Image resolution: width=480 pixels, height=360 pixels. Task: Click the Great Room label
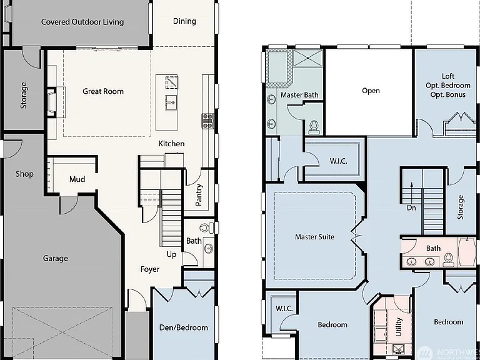(103, 91)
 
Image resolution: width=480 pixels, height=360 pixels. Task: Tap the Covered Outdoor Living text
(82, 22)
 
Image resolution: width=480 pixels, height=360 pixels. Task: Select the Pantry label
(199, 195)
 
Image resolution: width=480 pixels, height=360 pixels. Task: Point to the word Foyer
(150, 269)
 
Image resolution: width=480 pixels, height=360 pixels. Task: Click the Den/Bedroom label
(183, 327)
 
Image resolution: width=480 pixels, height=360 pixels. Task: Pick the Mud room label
(77, 179)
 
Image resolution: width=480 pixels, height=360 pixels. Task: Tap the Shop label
(24, 174)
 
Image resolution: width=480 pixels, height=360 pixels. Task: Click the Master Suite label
(315, 237)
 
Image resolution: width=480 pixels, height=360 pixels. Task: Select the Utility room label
(399, 327)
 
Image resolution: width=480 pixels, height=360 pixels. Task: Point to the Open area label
(371, 91)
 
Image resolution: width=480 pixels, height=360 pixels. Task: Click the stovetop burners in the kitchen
(207, 121)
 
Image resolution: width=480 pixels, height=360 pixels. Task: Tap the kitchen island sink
(171, 102)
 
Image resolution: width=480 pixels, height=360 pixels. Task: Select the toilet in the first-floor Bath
(207, 227)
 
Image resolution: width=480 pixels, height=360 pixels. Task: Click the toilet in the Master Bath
(314, 127)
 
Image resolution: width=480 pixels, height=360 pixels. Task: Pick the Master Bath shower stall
(307, 58)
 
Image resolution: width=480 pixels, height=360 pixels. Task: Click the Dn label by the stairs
(411, 208)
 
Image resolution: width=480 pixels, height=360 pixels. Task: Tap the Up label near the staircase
(171, 254)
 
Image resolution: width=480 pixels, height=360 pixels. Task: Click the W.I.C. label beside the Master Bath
(338, 161)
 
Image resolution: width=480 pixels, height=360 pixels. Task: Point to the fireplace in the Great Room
(52, 102)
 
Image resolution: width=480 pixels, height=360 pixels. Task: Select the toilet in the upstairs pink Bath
(449, 258)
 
